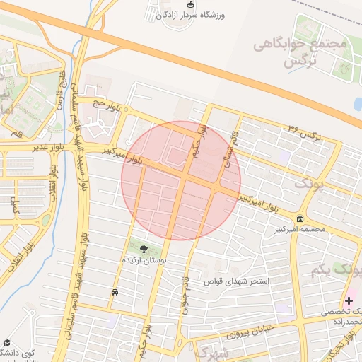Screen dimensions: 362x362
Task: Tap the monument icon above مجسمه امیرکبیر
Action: tap(300, 218)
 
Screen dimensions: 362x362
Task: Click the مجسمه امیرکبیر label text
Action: tap(303, 229)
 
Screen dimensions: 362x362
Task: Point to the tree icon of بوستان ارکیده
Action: tap(144, 249)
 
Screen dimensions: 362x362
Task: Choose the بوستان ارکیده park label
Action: tap(144, 261)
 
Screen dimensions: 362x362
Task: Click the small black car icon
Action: tap(115, 291)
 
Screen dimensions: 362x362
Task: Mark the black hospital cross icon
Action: tap(349, 300)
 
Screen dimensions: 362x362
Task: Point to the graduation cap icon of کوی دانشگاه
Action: tap(6, 341)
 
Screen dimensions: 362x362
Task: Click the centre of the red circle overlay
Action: tap(181, 181)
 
